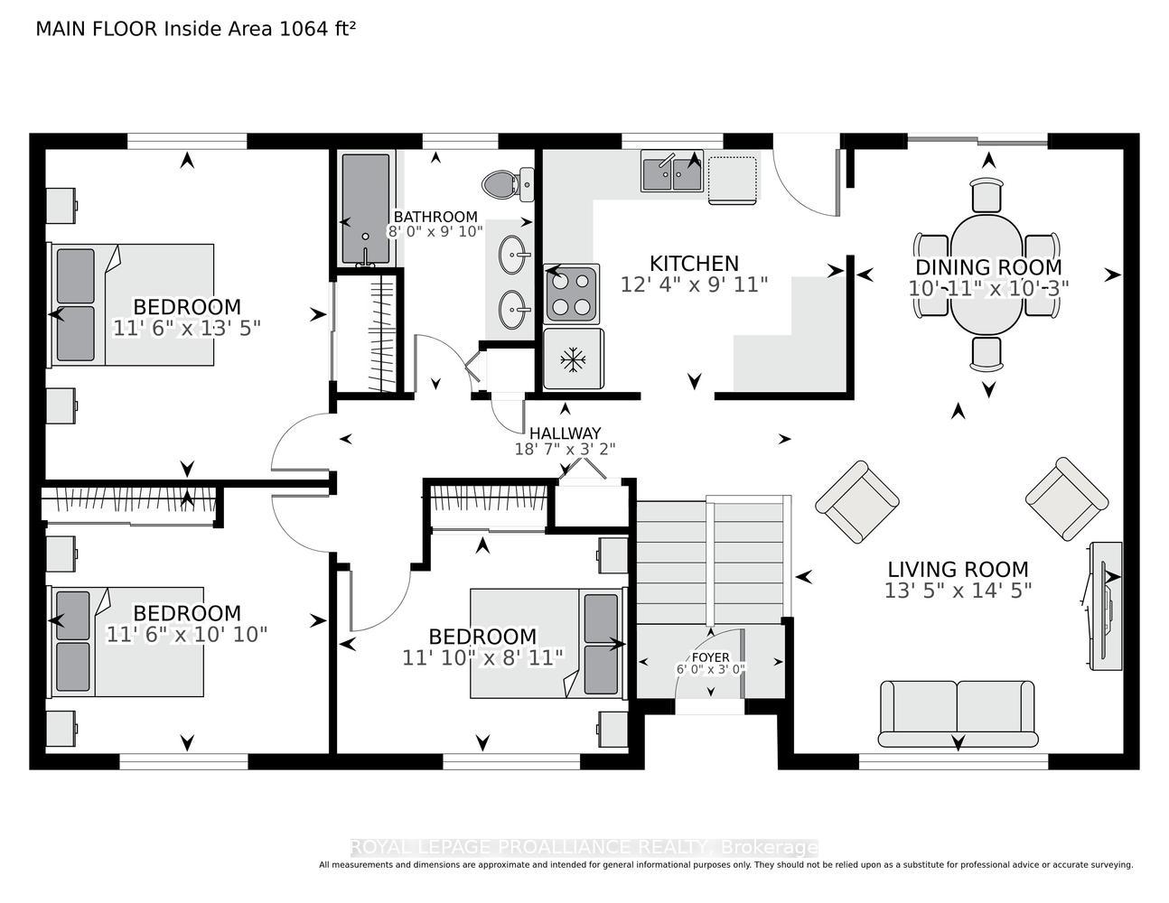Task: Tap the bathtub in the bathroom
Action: coord(366,209)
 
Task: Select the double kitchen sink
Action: coord(672,171)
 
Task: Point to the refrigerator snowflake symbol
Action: coord(573,359)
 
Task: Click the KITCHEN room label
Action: coord(694,264)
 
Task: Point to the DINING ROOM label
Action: coord(988,267)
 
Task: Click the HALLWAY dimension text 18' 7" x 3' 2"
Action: coord(565,449)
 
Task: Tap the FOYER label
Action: coord(711,657)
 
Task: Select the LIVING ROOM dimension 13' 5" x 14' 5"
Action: coord(959,591)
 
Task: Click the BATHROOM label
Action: coord(435,217)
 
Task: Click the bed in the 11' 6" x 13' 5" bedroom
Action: coord(132,305)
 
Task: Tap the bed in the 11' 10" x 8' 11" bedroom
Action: coord(548,643)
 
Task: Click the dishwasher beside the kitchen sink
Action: coord(732,179)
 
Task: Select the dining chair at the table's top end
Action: coord(987,195)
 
